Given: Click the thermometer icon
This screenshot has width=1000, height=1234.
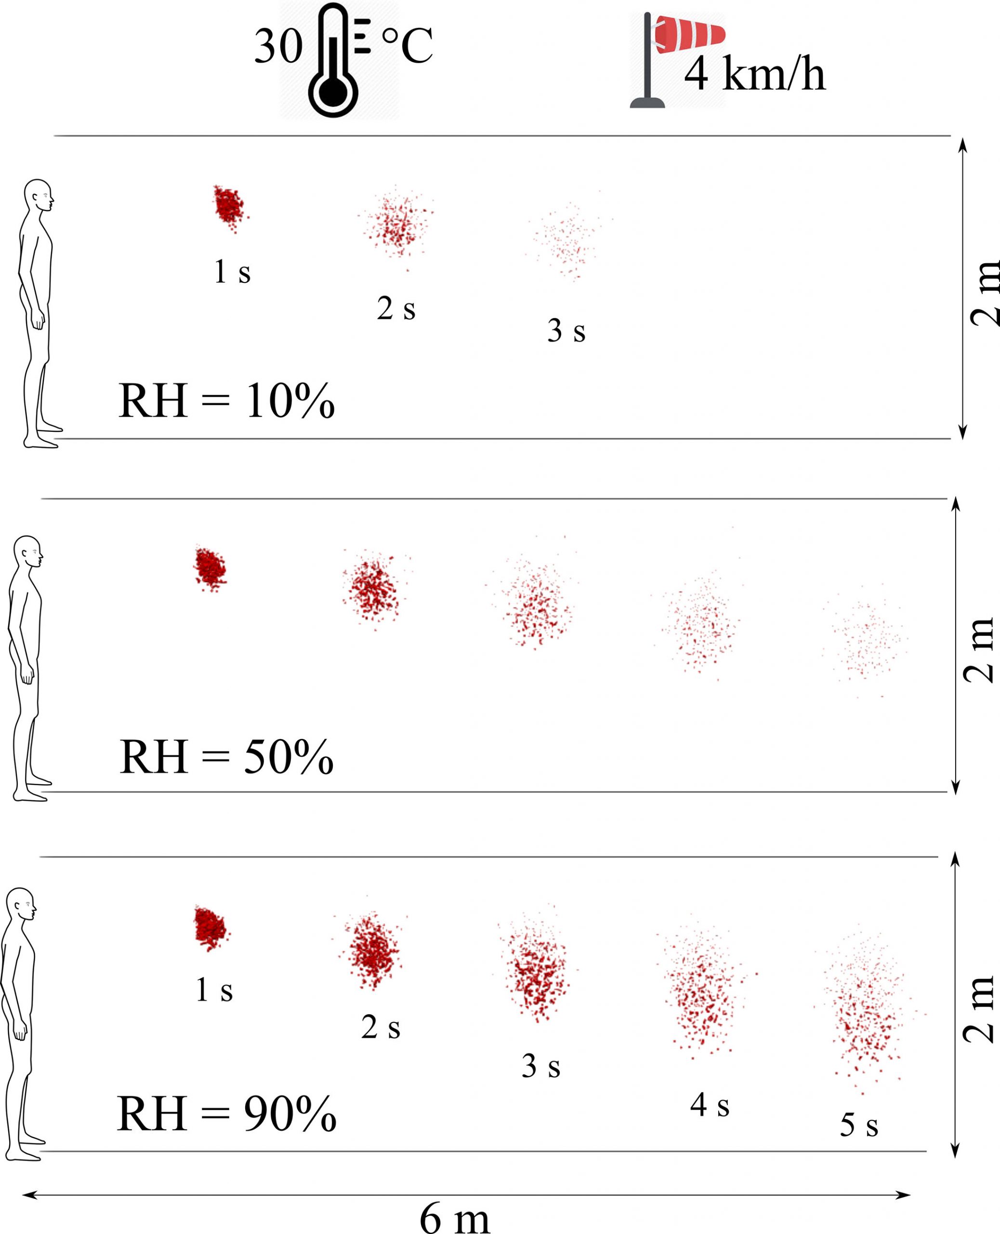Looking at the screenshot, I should (x=333, y=61).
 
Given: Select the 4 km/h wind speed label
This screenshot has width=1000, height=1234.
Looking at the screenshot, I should (x=755, y=74).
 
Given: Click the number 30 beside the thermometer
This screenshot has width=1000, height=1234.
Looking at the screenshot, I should (x=278, y=47).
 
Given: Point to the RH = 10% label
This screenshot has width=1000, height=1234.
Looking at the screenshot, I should (x=226, y=401).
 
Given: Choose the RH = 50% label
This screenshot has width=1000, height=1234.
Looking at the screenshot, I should (x=226, y=757).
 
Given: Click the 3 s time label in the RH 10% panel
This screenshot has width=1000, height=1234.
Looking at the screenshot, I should (x=566, y=331).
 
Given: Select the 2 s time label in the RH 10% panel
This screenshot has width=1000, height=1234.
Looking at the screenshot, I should (x=396, y=308).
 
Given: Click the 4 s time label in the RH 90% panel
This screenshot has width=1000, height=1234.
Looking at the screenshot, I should (x=710, y=1105).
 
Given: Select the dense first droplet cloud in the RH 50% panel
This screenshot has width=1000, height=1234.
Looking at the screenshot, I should (x=210, y=568).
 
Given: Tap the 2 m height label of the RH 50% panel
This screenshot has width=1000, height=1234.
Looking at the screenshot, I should (x=979, y=650).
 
